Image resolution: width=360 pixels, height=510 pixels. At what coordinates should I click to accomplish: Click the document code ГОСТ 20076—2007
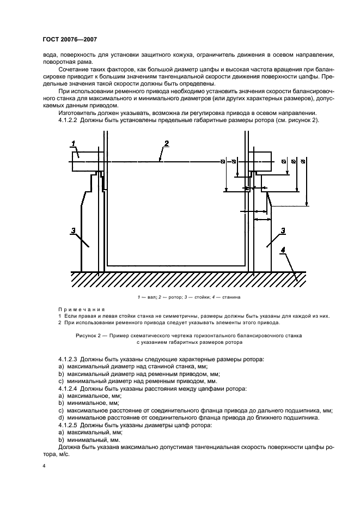pyautogui.click(x=69, y=39)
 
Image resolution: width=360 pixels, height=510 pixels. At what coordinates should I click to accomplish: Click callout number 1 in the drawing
pyautogui.click(x=73, y=143)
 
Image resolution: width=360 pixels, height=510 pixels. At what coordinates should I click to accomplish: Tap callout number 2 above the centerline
pyautogui.click(x=167, y=143)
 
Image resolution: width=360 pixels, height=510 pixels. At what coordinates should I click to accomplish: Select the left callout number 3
pyautogui.click(x=74, y=231)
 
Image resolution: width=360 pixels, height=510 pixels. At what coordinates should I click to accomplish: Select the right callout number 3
pyautogui.click(x=283, y=231)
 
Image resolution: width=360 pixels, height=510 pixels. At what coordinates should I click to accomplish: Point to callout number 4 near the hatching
pyautogui.click(x=283, y=250)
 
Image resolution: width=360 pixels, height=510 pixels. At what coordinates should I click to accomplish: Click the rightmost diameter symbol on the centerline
pyautogui.click(x=303, y=162)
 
